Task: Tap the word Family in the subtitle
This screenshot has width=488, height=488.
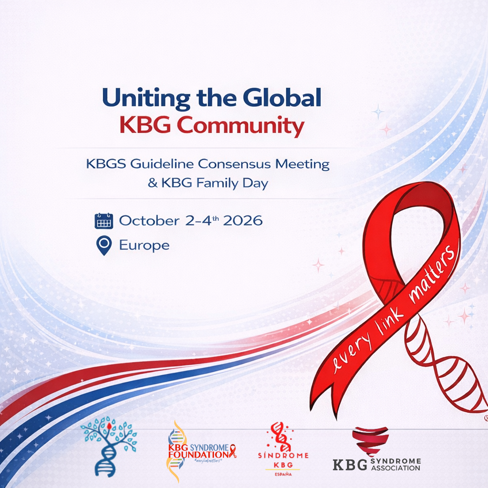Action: coord(216,183)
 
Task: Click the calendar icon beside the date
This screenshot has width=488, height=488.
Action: coord(104,221)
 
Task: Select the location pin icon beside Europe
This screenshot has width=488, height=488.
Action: coord(103,246)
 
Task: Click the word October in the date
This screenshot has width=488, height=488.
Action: coord(149,221)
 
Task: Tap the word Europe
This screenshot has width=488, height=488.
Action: coord(144,246)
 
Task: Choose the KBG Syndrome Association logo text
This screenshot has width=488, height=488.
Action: coord(376,464)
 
